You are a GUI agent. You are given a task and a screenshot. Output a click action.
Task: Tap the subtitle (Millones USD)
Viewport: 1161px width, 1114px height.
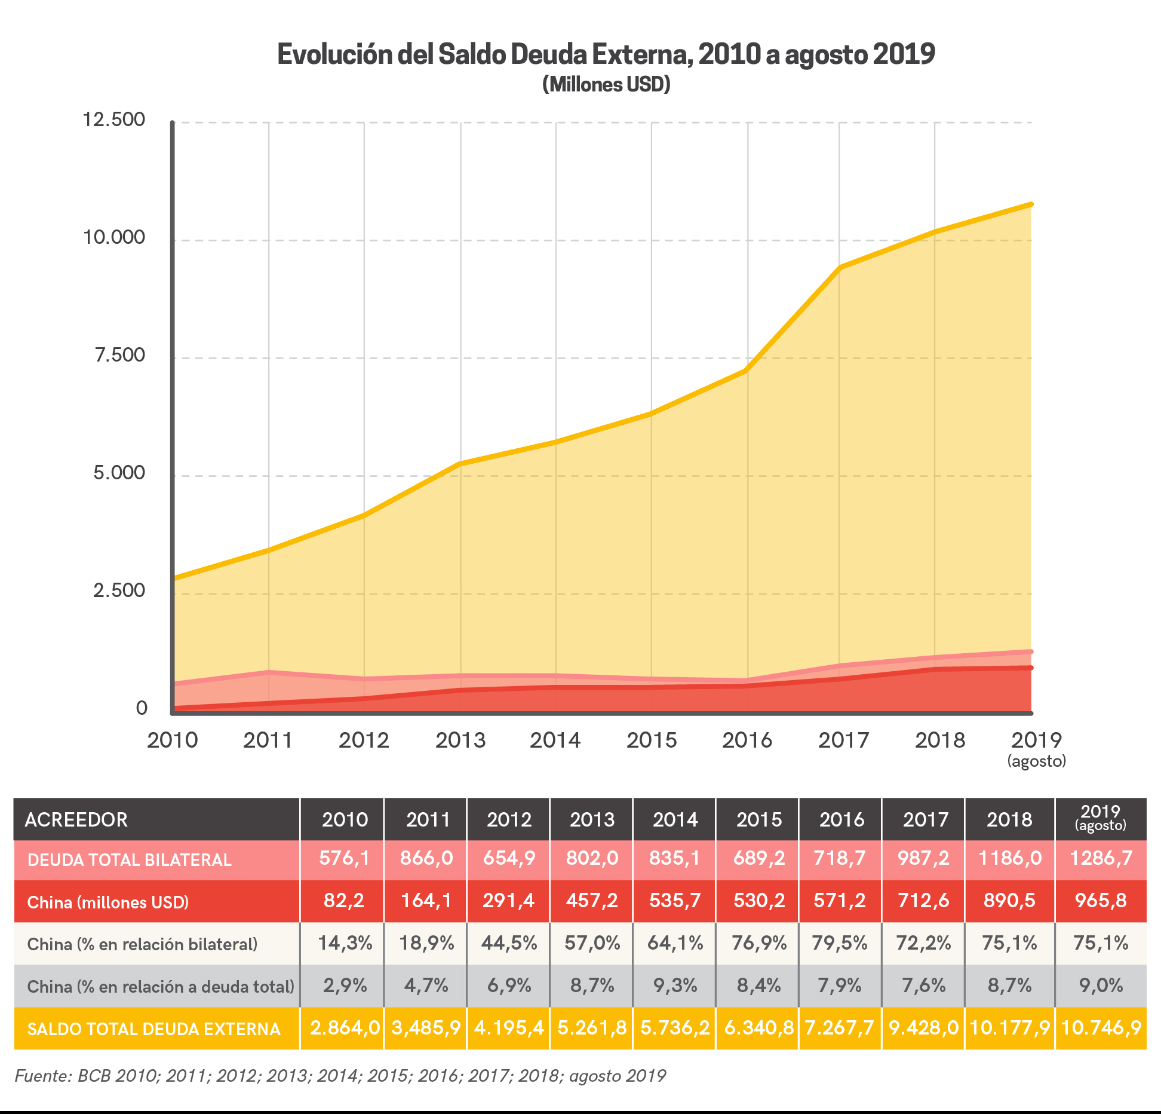pyautogui.click(x=606, y=84)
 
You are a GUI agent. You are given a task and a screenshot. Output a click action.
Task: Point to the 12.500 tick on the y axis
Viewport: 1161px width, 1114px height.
pyautogui.click(x=113, y=120)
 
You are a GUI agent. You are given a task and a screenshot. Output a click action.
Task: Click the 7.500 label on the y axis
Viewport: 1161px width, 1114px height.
pyautogui.click(x=119, y=355)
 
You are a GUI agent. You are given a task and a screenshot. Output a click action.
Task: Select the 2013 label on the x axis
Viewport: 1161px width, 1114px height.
pyautogui.click(x=460, y=740)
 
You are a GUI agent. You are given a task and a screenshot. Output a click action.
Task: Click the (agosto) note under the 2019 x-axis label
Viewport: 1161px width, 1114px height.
pyautogui.click(x=1036, y=761)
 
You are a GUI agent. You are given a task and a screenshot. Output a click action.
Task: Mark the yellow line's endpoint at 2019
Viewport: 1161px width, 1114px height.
pyautogui.click(x=1031, y=205)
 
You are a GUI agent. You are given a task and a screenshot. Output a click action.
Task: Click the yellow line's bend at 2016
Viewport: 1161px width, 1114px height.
pyautogui.click(x=747, y=371)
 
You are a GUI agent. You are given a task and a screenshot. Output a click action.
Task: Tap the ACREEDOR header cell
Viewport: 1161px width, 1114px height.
pyautogui.click(x=76, y=819)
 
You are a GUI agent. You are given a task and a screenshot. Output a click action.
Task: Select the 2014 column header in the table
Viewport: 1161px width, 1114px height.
pyautogui.click(x=675, y=819)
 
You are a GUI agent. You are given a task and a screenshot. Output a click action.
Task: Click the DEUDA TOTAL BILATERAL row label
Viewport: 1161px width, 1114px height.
pyautogui.click(x=130, y=860)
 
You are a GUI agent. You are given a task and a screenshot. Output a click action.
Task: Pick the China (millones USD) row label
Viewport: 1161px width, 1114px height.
pyautogui.click(x=108, y=902)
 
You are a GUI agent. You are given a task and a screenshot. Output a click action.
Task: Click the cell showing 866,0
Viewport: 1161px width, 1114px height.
pyautogui.click(x=426, y=858)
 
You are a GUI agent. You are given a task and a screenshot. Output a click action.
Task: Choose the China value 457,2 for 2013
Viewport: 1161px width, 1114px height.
pyautogui.click(x=592, y=900)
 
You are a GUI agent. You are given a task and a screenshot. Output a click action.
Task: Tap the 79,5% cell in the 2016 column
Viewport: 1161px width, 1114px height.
pyautogui.click(x=839, y=943)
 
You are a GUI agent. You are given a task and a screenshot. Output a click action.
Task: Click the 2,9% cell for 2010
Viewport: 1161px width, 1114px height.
pyautogui.click(x=345, y=985)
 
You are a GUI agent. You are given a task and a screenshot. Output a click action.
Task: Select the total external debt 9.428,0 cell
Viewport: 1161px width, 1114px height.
pyautogui.click(x=923, y=1028)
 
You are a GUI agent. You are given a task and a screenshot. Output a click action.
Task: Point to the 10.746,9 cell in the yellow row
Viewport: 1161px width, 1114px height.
pyautogui.click(x=1101, y=1028)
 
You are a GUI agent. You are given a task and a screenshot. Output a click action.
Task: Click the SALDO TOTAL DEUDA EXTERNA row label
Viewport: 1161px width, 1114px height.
pyautogui.click(x=154, y=1029)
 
